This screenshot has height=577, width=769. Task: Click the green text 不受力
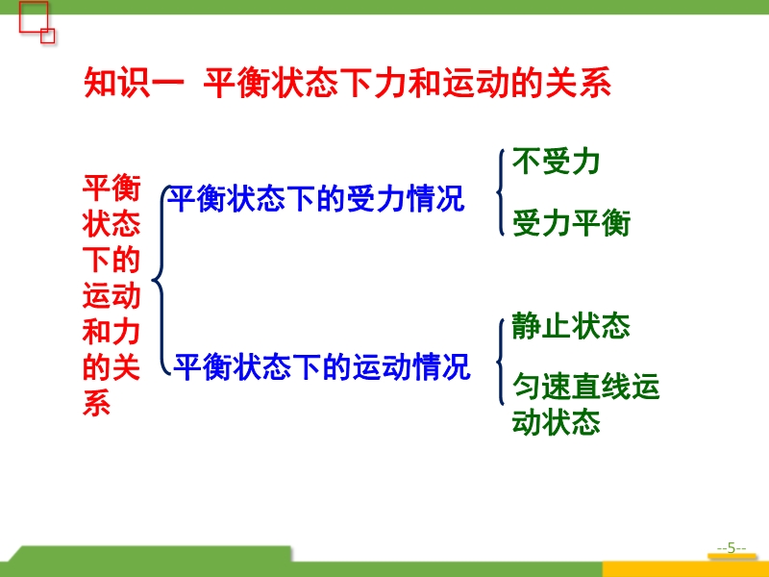(556, 162)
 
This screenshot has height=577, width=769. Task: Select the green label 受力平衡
(571, 223)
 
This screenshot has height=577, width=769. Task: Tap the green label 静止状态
(570, 326)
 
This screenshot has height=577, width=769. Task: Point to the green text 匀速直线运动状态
(585, 404)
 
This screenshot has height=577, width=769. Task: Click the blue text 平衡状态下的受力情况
(316, 199)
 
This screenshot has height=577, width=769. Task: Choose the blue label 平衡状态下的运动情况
(322, 366)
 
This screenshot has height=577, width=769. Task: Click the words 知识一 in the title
(134, 83)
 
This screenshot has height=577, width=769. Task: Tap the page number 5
(732, 548)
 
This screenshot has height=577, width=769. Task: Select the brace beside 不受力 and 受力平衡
(500, 192)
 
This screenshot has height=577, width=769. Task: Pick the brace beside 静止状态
(500, 363)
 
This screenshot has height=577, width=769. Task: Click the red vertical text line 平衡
(112, 188)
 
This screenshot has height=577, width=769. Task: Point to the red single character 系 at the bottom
(97, 403)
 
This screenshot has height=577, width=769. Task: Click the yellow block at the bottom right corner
(685, 569)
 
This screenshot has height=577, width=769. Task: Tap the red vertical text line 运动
(112, 296)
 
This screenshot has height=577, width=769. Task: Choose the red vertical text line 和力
(112, 332)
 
